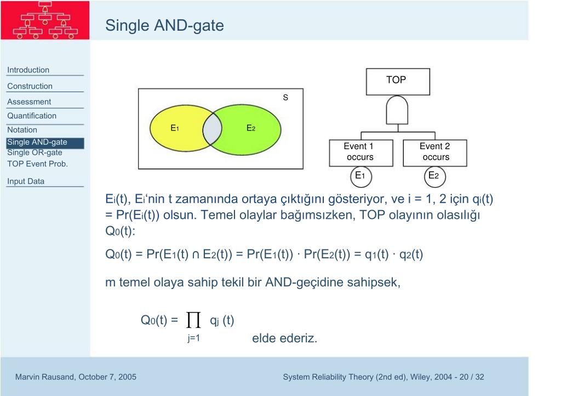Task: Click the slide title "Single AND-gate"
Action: pyautogui.click(x=164, y=25)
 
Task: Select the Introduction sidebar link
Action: pyautogui.click(x=28, y=70)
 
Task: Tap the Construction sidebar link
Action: pyautogui.click(x=30, y=86)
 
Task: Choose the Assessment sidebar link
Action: pyautogui.click(x=29, y=101)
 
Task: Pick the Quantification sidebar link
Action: pyautogui.click(x=32, y=116)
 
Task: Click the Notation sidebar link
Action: pyautogui.click(x=22, y=130)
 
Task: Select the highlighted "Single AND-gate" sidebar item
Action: pyautogui.click(x=37, y=143)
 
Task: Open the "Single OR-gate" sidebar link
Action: pyautogui.click(x=35, y=152)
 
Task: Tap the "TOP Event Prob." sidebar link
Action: pyautogui.click(x=37, y=163)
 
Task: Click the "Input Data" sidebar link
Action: pyautogui.click(x=26, y=182)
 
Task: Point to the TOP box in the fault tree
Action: pyautogui.click(x=396, y=81)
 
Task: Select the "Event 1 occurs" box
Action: pyautogui.click(x=359, y=152)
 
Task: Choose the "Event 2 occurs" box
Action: pyautogui.click(x=435, y=152)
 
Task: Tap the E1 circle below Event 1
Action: pyautogui.click(x=360, y=176)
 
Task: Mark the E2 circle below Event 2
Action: pyautogui.click(x=434, y=176)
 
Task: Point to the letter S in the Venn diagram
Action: pyautogui.click(x=285, y=98)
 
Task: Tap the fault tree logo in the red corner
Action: pyautogui.click(x=45, y=20)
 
